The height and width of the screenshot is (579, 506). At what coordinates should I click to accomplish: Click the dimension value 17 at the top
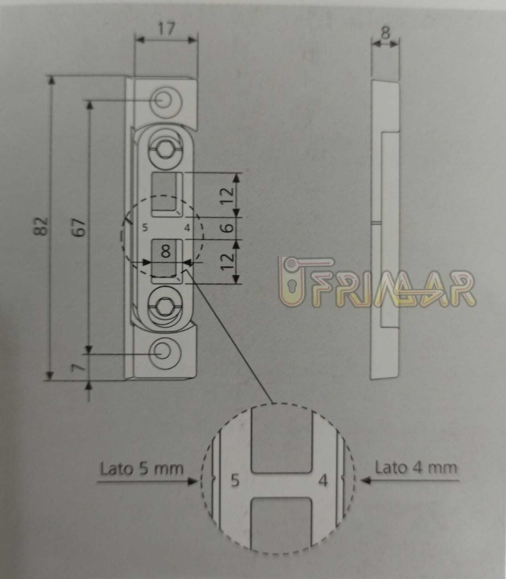166,29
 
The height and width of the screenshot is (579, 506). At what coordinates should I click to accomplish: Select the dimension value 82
43,227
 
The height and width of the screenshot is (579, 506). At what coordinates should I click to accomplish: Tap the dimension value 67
82,227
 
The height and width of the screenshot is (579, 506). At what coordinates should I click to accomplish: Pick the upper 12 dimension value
227,196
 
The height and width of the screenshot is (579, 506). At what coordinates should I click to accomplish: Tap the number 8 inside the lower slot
166,251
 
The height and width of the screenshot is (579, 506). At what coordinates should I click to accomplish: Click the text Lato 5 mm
142,469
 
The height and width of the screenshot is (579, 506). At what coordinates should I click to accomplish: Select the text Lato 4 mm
416,468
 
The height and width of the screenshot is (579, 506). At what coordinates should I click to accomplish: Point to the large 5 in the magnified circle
235,481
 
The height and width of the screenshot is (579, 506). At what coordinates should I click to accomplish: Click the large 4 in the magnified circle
323,481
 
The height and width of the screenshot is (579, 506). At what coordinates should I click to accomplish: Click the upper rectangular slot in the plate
167,195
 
